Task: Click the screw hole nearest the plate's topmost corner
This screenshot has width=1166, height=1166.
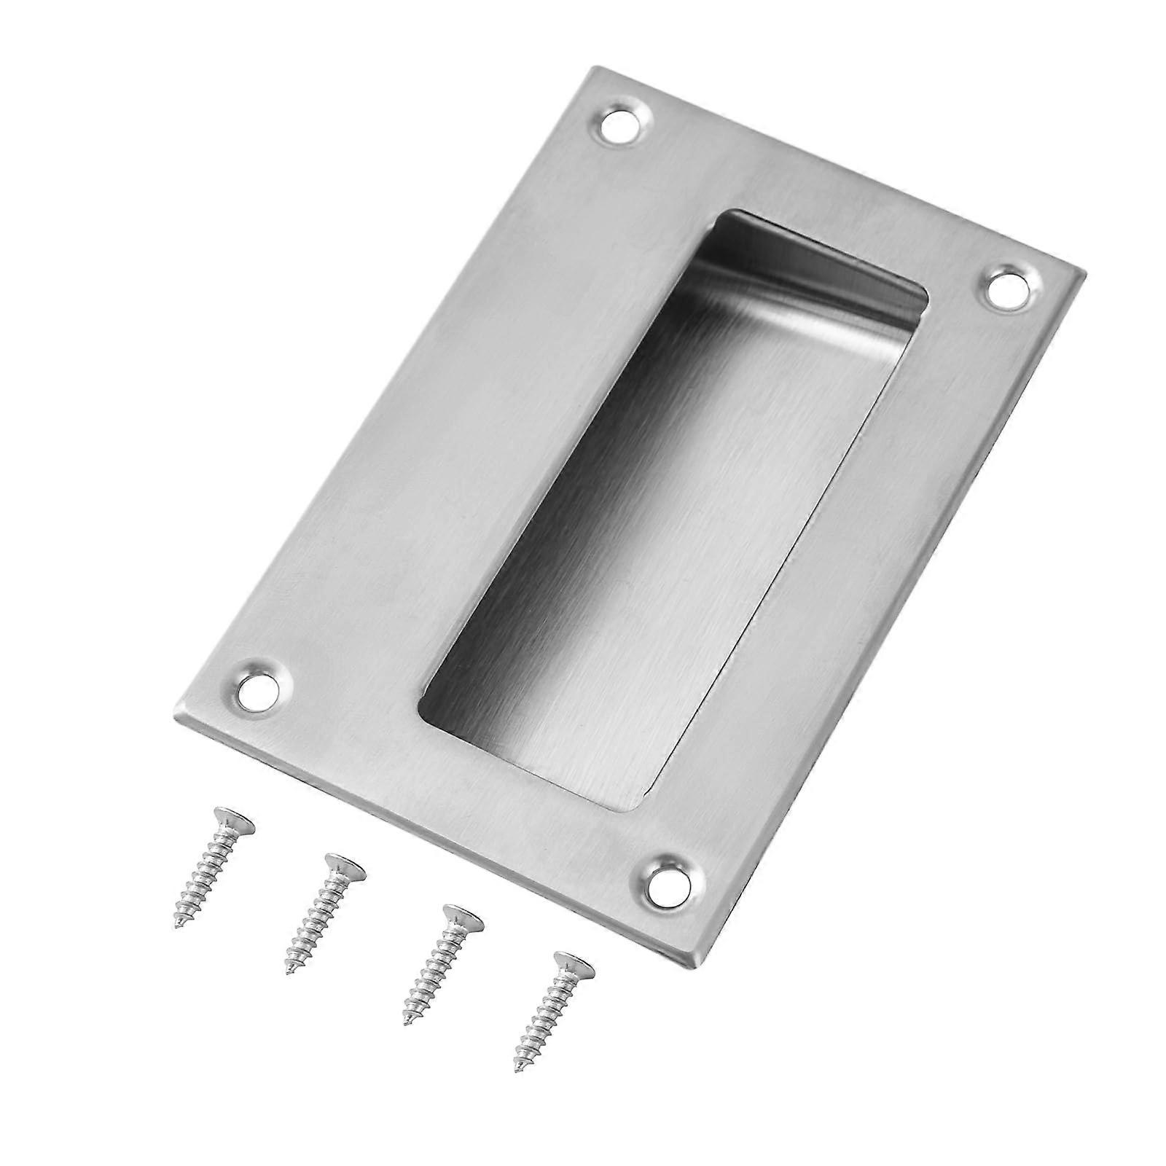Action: (x=624, y=123)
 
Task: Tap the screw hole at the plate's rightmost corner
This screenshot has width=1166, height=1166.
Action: (x=1012, y=289)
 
